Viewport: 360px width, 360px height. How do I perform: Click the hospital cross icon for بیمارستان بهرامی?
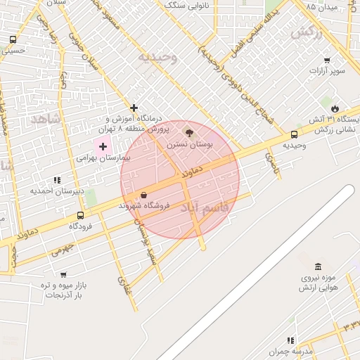pyautogui.click(x=103, y=147)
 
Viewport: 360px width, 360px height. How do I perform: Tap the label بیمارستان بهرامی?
pyautogui.click(x=104, y=159)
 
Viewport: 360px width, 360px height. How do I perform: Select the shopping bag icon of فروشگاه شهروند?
pyautogui.click(x=144, y=195)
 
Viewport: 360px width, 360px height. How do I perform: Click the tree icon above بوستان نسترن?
pyautogui.click(x=188, y=132)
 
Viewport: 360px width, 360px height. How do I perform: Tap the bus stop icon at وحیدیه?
pyautogui.click(x=294, y=134)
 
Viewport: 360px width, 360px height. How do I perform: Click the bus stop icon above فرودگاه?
pyautogui.click(x=80, y=216)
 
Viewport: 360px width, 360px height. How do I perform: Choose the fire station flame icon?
pyautogui.click(x=335, y=108)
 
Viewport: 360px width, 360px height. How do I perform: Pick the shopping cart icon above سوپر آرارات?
pyautogui.click(x=327, y=60)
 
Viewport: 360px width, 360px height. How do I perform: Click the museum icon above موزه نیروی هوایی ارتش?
pyautogui.click(x=319, y=266)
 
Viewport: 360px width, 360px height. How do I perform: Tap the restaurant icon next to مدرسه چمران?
pyautogui.click(x=290, y=340)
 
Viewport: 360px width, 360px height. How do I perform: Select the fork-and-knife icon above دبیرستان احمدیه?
pyautogui.click(x=57, y=181)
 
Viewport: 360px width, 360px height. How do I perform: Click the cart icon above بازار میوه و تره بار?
pyautogui.click(x=63, y=275)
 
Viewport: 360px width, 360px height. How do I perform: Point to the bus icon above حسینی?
pyautogui.click(x=13, y=40)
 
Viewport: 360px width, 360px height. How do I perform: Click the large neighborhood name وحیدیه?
pyautogui.click(x=157, y=56)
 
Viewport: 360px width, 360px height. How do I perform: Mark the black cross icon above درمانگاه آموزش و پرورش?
pyautogui.click(x=134, y=108)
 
